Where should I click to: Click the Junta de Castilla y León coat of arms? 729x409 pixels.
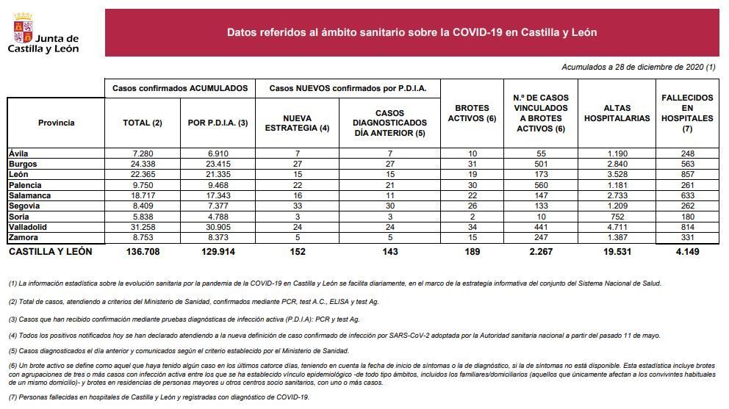23,28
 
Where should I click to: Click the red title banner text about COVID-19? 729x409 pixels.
412,32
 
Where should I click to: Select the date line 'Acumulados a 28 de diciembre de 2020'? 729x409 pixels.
639,67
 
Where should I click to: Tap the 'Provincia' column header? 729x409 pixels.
57,123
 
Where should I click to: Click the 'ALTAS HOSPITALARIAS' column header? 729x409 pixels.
617,113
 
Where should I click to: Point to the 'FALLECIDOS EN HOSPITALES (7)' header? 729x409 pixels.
687,113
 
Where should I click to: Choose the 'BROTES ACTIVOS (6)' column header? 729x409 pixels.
472,113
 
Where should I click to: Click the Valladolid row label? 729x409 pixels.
28,228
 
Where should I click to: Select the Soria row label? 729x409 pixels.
18,217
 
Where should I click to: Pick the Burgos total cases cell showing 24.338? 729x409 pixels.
143,164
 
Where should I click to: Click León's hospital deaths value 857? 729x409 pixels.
687,174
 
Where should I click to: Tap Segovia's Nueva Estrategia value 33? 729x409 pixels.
298,206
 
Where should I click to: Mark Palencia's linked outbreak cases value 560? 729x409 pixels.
541,185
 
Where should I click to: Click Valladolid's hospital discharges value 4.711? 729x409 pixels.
617,228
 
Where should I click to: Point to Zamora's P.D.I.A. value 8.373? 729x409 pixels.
218,237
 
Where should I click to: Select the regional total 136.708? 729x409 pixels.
143,251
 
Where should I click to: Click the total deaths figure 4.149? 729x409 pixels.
687,251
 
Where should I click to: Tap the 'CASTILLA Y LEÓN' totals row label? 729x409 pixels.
50,251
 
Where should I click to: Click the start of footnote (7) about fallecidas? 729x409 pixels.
14,397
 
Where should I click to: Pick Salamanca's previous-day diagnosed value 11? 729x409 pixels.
390,195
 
